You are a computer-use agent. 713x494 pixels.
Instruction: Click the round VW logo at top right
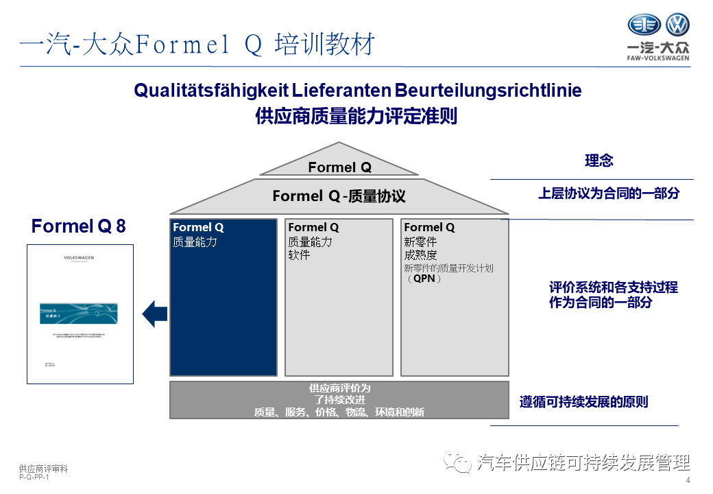[677, 25]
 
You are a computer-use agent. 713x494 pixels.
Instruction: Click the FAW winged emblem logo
[644, 25]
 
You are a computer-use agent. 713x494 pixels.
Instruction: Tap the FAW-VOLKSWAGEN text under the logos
[658, 58]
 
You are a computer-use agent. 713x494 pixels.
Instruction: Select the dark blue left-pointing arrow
[154, 314]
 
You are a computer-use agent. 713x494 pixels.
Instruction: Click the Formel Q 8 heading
[78, 226]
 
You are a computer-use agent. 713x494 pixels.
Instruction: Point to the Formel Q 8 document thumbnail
[80, 314]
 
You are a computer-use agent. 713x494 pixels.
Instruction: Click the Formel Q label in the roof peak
[339, 167]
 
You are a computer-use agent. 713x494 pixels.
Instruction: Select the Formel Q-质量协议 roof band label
[339, 196]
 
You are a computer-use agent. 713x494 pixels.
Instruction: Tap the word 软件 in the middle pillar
[299, 255]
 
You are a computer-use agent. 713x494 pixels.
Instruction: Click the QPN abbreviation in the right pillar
[424, 280]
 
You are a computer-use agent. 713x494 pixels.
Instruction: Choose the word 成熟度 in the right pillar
[420, 255]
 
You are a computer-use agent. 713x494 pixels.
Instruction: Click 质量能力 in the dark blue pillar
[195, 242]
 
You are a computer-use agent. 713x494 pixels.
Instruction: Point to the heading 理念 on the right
[599, 161]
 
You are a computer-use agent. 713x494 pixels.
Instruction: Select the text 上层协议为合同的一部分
[608, 193]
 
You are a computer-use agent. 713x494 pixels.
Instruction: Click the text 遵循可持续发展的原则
[583, 402]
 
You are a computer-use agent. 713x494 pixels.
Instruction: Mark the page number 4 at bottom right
[688, 480]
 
